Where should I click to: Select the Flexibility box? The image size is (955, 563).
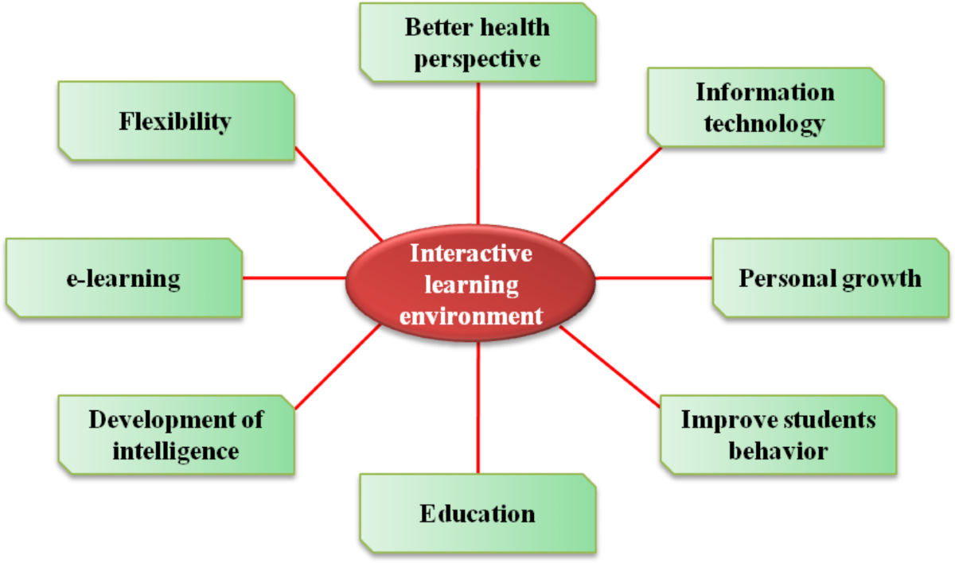[176, 121]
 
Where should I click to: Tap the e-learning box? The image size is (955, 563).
[123, 278]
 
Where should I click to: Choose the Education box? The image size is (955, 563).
[477, 513]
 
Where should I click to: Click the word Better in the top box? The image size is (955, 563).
[434, 28]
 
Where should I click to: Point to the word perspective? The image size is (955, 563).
[477, 58]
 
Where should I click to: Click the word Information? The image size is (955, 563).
[765, 92]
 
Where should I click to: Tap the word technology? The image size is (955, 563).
[765, 123]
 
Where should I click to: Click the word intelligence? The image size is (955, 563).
[176, 451]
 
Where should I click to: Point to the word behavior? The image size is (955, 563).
[778, 451]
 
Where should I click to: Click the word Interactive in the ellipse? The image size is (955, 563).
[471, 254]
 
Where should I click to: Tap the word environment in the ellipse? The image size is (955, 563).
[471, 316]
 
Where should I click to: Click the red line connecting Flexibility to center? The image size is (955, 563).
[338, 193]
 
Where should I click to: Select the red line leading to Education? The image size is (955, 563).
[478, 410]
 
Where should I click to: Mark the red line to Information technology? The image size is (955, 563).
[611, 194]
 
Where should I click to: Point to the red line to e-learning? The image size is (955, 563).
[294, 278]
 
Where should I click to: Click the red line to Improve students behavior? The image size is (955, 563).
[611, 367]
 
